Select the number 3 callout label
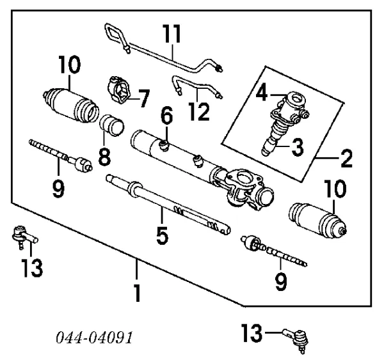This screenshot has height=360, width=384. click(296, 146)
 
